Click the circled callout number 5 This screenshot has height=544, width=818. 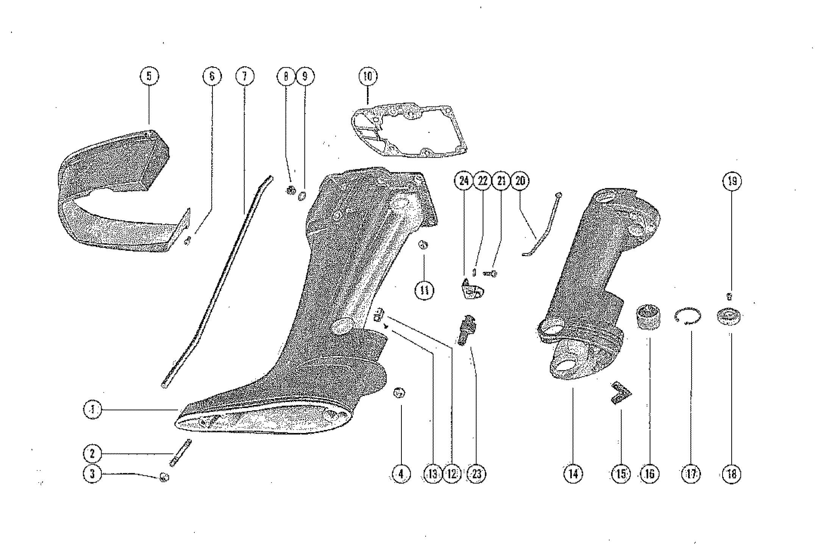149,76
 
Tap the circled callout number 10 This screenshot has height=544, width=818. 368,77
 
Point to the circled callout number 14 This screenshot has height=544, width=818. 573,474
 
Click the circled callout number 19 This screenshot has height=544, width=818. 732,181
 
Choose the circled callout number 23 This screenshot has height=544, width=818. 476,474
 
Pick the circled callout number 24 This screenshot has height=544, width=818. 464,181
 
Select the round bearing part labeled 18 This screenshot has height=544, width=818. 729,316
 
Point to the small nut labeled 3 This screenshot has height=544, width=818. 164,477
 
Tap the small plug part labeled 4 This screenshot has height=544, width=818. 400,393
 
